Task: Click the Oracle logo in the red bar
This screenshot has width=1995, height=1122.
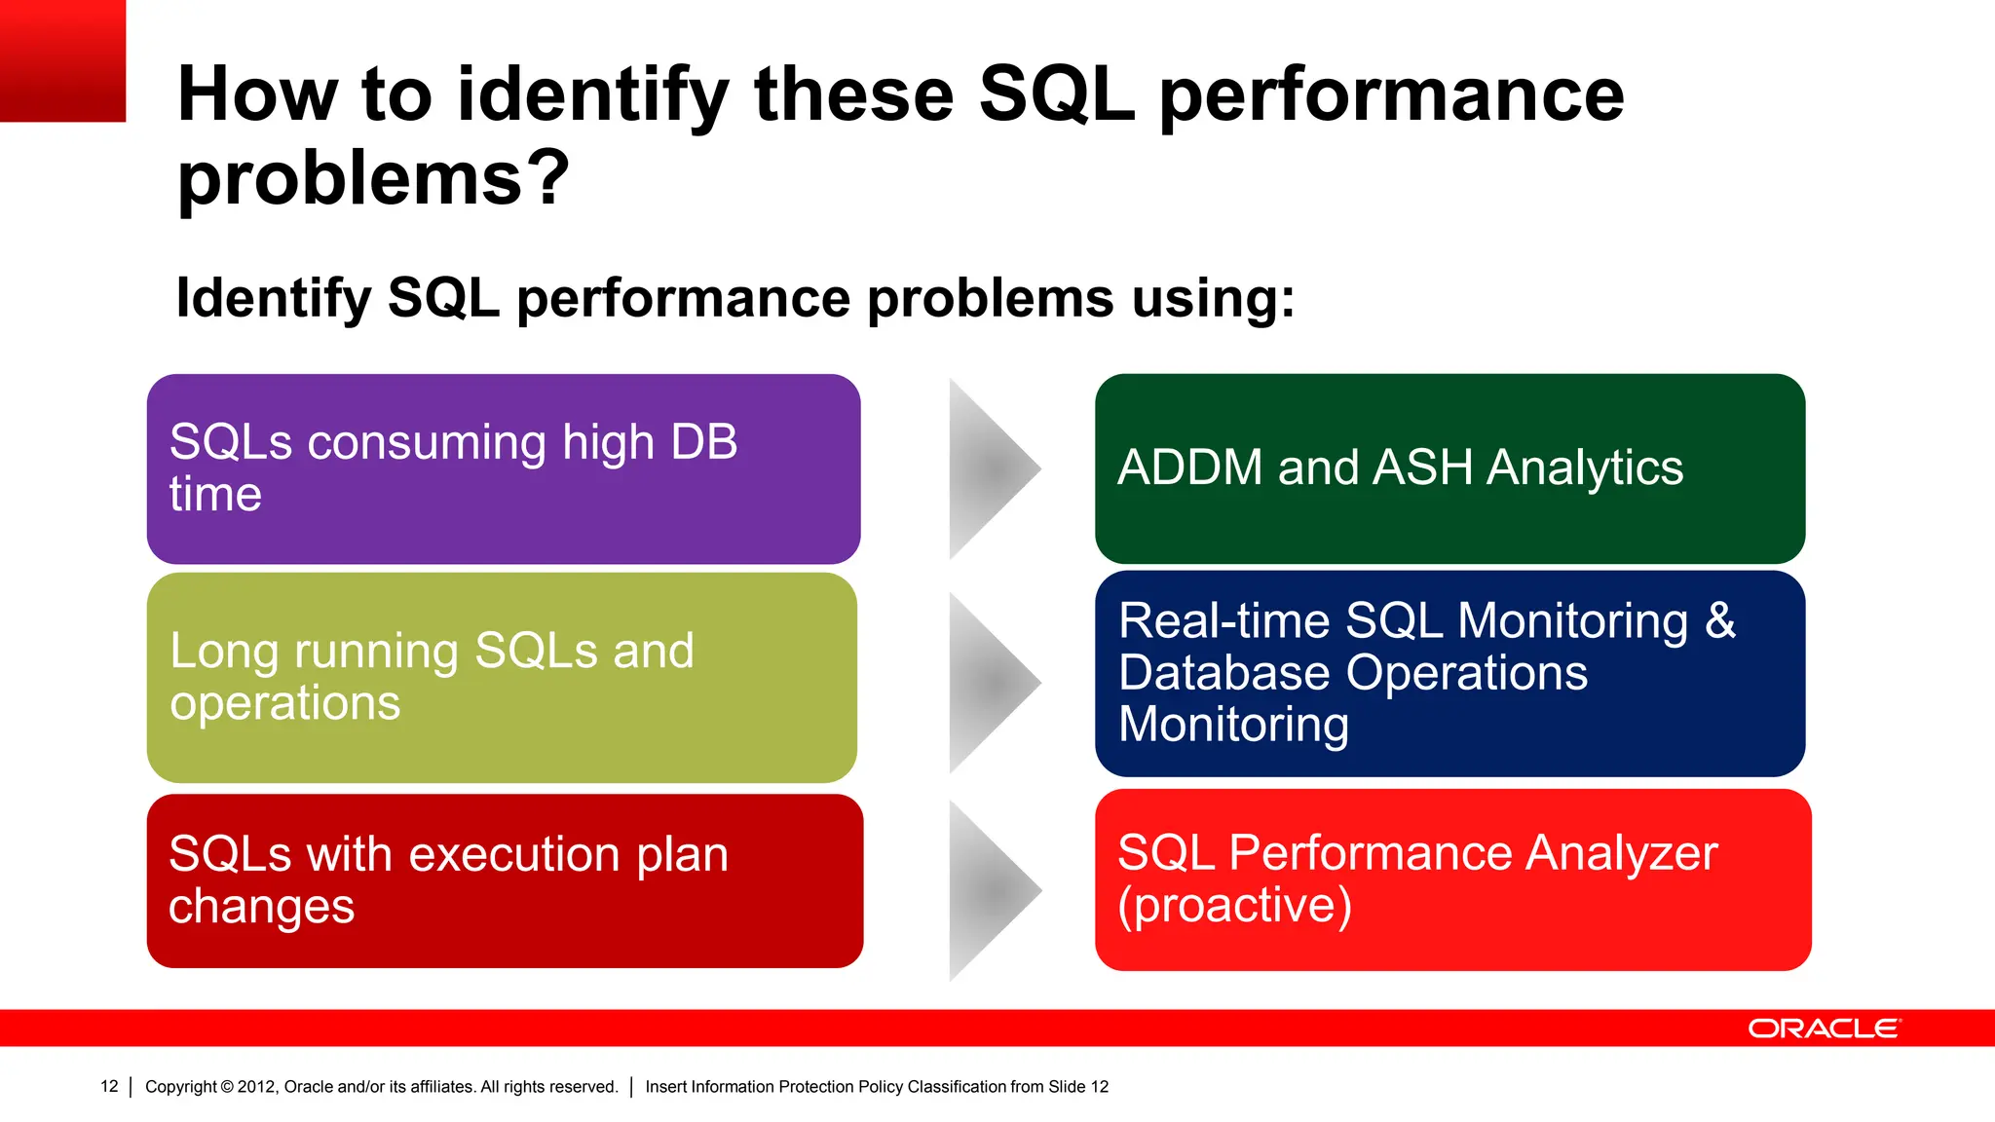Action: click(x=1824, y=1028)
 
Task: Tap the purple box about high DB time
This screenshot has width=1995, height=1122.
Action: click(x=504, y=468)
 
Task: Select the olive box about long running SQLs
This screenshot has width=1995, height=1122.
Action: click(x=502, y=677)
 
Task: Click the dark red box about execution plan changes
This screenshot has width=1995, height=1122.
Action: click(x=505, y=880)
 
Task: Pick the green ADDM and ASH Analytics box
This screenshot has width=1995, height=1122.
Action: click(x=1449, y=468)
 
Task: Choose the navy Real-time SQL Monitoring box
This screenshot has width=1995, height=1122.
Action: click(x=1449, y=673)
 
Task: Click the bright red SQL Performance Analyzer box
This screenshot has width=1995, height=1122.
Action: click(x=1452, y=879)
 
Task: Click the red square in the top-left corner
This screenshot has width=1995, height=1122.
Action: click(x=62, y=60)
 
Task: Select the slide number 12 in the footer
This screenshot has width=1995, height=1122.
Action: click(x=109, y=1086)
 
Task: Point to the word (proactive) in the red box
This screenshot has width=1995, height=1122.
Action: click(x=1234, y=906)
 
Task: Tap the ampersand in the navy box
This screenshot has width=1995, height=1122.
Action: click(x=1720, y=620)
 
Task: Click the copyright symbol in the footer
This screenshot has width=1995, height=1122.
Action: click(x=227, y=1086)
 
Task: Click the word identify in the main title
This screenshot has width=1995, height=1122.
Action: click(x=592, y=95)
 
